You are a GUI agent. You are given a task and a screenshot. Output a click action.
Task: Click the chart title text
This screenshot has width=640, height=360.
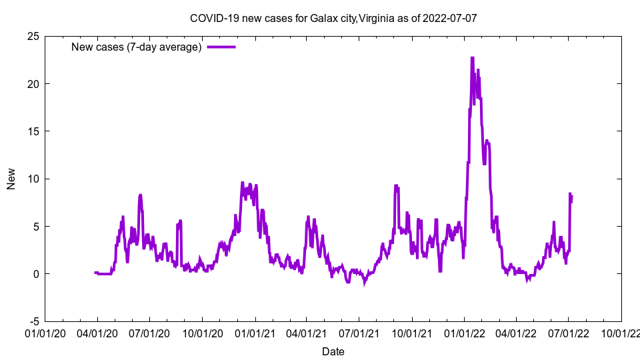point(333,18)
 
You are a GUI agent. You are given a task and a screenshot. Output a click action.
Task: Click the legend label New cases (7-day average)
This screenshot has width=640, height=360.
point(137,47)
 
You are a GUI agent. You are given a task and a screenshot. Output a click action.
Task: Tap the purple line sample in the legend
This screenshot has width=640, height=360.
point(221,47)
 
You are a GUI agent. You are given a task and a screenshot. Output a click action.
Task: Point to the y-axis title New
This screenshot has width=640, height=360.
point(11,179)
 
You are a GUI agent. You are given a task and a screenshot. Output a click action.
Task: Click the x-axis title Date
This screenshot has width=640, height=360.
point(333,351)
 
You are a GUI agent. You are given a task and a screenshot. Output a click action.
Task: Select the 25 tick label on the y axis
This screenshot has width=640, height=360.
point(33,36)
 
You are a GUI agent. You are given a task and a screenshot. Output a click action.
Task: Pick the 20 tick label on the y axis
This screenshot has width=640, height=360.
point(33,83)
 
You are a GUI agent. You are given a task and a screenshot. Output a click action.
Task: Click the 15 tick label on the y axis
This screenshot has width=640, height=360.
point(33,131)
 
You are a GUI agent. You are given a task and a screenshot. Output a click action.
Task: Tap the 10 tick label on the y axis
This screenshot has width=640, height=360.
point(33,179)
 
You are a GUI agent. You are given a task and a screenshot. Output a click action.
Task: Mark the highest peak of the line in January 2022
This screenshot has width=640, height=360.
point(472,58)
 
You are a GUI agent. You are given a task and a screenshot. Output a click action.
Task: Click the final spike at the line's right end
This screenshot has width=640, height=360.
point(570,194)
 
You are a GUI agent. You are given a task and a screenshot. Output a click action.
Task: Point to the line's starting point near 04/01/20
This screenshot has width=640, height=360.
point(95,272)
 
